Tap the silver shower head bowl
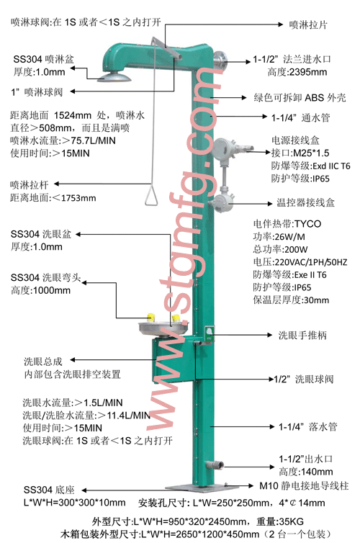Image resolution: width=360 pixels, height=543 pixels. [x=114, y=76]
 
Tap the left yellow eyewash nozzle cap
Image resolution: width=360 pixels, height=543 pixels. [x=150, y=317]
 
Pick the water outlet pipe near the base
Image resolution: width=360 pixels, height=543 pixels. [x=215, y=465]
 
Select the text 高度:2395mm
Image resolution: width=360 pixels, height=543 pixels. [x=297, y=72]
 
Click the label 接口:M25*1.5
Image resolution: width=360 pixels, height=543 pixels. [x=300, y=153]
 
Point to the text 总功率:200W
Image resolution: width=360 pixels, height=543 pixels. [x=280, y=249]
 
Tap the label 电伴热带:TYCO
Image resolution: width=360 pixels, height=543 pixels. [x=287, y=224]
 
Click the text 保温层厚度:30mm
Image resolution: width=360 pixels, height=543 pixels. [x=291, y=300]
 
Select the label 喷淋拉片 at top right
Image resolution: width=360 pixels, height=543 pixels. [x=307, y=24]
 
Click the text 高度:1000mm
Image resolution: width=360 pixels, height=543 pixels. [x=40, y=290]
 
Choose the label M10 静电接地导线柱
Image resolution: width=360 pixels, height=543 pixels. [x=304, y=486]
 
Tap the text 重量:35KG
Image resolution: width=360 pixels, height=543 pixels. [x=279, y=521]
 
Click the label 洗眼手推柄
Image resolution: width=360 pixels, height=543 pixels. [x=302, y=335]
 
